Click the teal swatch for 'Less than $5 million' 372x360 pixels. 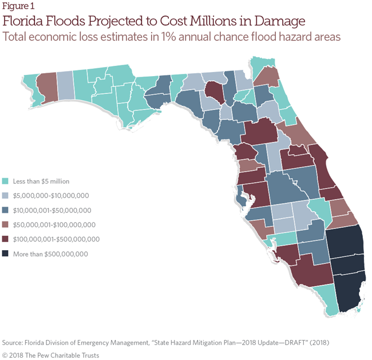(x=5, y=181)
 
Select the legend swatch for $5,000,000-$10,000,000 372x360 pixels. (x=5, y=196)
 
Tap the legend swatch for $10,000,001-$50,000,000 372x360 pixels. (x=5, y=210)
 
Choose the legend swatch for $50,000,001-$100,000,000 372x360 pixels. (x=5, y=225)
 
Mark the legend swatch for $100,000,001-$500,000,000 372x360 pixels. (x=5, y=239)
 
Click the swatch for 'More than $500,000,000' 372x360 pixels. (x=5, y=254)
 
